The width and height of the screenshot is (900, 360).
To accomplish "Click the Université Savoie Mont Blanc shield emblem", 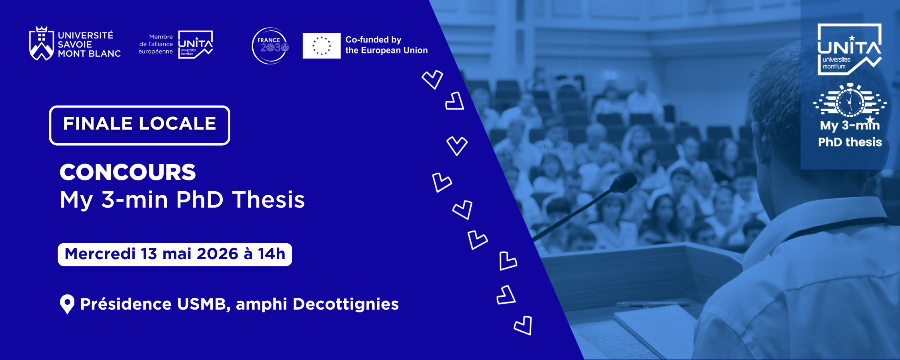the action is click(41, 44).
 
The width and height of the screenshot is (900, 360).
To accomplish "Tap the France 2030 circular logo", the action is click(270, 46).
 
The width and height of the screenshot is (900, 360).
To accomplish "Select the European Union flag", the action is click(322, 46).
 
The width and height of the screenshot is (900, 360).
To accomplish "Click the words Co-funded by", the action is click(373, 40).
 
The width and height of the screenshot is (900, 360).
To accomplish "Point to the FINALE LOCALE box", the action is click(140, 125).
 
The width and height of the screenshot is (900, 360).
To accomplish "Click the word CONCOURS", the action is click(128, 172).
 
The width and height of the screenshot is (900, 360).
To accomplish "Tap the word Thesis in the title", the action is click(268, 199).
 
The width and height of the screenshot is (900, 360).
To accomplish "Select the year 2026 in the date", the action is click(218, 254).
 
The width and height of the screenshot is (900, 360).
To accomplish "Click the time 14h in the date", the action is click(271, 254).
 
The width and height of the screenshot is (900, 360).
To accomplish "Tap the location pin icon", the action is click(67, 304).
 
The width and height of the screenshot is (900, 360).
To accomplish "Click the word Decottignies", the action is click(346, 304).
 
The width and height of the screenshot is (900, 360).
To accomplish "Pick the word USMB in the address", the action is click(204, 304).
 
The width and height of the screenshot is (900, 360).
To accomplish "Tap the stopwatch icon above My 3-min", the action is click(850, 101).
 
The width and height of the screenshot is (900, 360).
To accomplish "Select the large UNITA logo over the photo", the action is click(850, 49).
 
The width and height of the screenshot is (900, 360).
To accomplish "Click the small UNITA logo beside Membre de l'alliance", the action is click(195, 44).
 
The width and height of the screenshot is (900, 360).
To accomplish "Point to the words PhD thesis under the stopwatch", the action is click(850, 142).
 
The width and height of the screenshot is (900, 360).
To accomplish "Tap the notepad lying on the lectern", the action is click(656, 328).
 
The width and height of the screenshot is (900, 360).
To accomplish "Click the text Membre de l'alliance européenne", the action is click(156, 44).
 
